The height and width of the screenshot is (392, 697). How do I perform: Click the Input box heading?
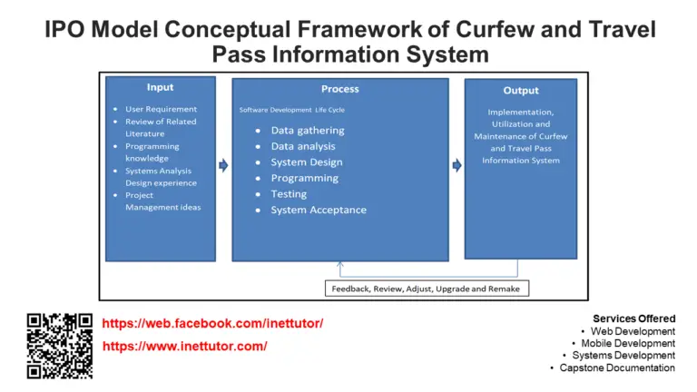[x=160, y=87]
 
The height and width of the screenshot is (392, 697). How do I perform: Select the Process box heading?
[x=339, y=89]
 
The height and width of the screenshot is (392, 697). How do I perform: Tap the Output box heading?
[x=520, y=90]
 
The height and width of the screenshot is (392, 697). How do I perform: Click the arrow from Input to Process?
[x=223, y=166]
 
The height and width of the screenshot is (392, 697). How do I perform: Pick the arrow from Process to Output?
[x=456, y=165]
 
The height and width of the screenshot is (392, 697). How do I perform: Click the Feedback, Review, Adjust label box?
[x=427, y=289]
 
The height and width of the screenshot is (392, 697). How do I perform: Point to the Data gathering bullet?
[x=307, y=131]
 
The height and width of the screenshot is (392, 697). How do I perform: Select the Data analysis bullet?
[x=302, y=146]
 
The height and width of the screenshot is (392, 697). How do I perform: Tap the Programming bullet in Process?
[x=304, y=178]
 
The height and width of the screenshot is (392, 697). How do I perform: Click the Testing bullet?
[x=289, y=194]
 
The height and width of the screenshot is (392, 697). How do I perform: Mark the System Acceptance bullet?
[x=318, y=211]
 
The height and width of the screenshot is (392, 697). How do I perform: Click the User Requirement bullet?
[x=161, y=109]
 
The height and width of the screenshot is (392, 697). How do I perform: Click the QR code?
[x=60, y=346]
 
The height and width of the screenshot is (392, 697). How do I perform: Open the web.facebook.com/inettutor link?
[x=212, y=324]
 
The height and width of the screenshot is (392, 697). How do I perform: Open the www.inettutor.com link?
[x=184, y=347]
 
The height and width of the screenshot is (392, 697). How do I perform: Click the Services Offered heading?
[x=633, y=318]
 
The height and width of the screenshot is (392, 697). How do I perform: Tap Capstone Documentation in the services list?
[x=617, y=367]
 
